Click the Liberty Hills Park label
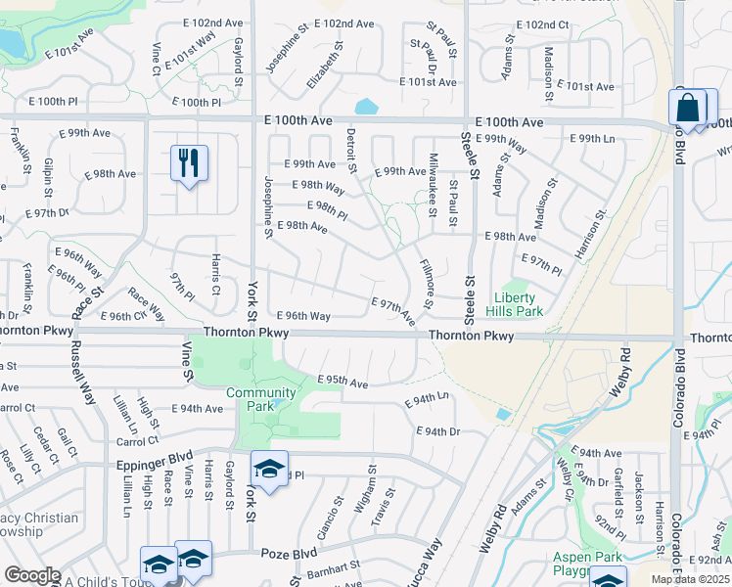519,304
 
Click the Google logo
32,575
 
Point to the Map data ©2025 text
690,579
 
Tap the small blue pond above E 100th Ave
368,106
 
